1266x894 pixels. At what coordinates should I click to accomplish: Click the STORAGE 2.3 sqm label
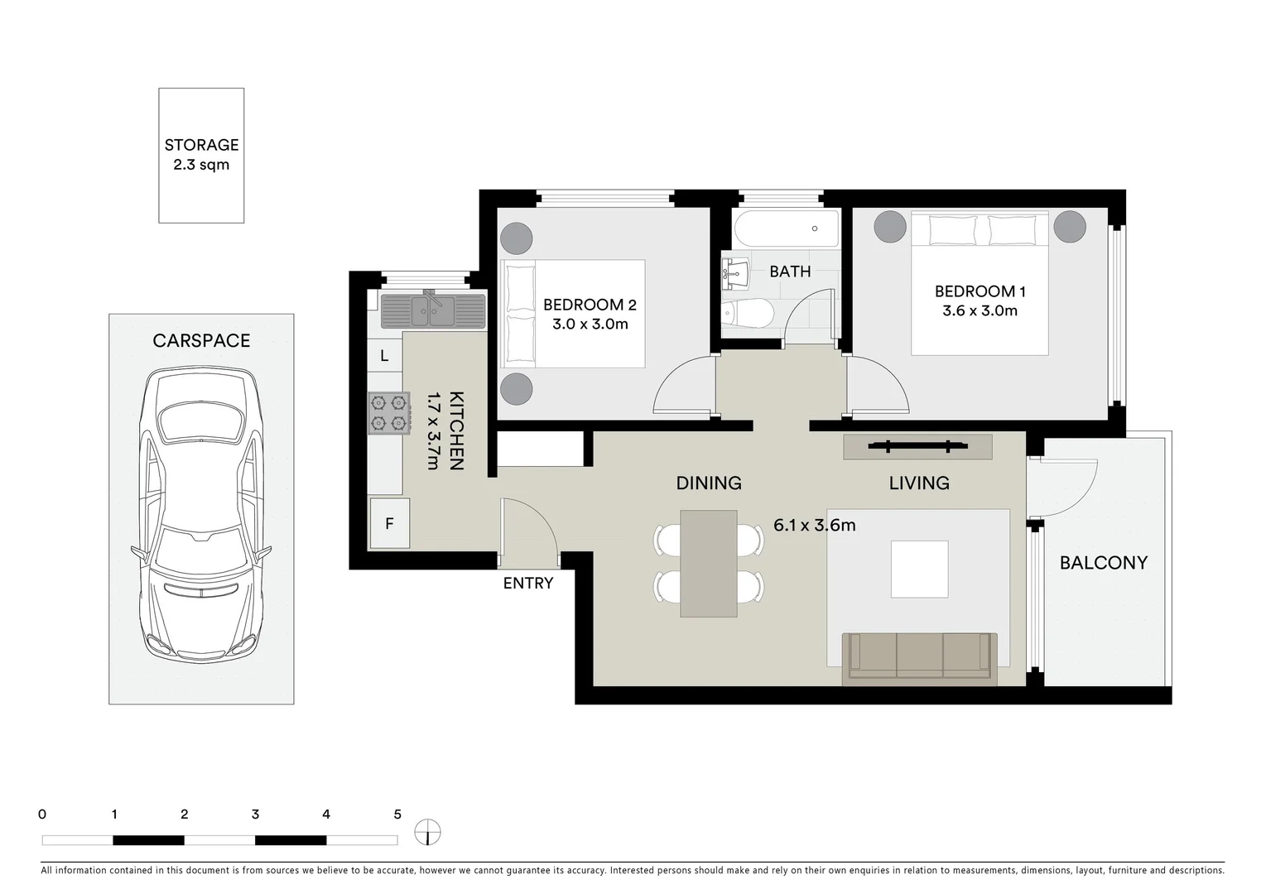201,155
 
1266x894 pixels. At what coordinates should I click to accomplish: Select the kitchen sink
432,310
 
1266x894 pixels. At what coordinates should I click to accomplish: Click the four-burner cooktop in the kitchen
389,413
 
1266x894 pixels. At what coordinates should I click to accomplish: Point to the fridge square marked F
389,523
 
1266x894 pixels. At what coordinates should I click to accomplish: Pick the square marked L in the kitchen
384,356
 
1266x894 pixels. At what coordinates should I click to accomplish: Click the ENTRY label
527,584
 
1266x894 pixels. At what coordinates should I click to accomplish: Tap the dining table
708,563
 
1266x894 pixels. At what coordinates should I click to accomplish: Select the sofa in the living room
919,658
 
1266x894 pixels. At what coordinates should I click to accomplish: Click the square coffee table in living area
919,569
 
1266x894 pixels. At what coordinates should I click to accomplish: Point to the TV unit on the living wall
917,447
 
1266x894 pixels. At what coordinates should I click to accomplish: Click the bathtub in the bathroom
786,228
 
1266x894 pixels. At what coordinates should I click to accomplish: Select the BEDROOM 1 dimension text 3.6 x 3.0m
980,311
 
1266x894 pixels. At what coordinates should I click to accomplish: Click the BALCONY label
1103,563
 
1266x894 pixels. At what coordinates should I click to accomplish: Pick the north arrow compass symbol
427,832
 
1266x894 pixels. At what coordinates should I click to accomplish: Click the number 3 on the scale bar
255,815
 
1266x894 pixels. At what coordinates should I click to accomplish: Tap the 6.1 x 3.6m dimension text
814,525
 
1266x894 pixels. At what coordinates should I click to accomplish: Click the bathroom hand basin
734,272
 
